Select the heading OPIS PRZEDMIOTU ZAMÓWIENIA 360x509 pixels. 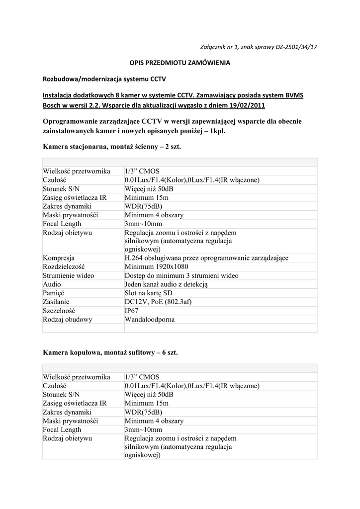click(x=180, y=63)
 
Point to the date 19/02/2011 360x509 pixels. click(x=245, y=106)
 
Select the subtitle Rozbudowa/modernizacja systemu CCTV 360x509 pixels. click(x=104, y=79)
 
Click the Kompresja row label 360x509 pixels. click(x=59, y=258)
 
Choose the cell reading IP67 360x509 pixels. click(x=132, y=311)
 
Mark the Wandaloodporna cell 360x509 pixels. click(x=150, y=320)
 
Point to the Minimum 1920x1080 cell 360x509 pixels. click(x=157, y=266)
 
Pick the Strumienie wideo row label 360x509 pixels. click(x=69, y=275)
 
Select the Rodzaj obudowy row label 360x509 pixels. click(x=67, y=320)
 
